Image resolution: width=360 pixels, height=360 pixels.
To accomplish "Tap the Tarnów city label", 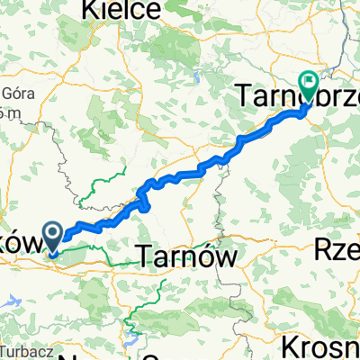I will point(189,256).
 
